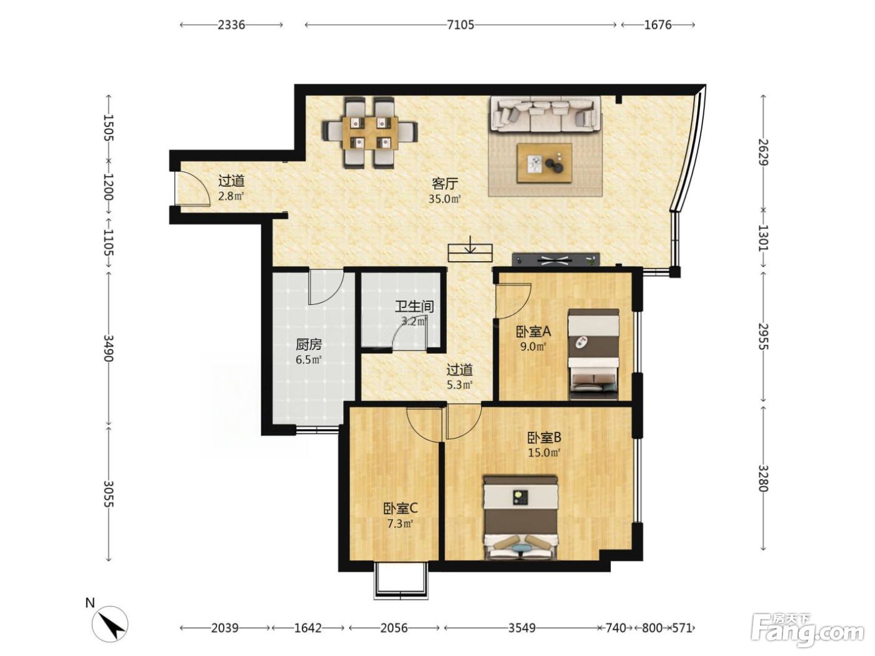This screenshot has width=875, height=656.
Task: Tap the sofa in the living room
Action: (x=546, y=114)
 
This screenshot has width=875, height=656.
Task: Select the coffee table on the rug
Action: (x=544, y=163)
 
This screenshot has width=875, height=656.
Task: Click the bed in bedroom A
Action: (x=594, y=354)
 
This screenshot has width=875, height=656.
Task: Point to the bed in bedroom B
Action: (x=521, y=517)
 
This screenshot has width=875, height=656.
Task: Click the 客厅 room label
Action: (x=445, y=184)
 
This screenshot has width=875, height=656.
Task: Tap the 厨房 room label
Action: (x=309, y=344)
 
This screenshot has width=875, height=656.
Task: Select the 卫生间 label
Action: (x=414, y=306)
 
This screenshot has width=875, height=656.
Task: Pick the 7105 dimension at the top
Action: (x=461, y=25)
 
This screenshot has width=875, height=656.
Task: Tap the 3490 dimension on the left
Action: (x=108, y=348)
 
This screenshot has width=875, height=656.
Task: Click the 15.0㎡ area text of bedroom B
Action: (x=544, y=452)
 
